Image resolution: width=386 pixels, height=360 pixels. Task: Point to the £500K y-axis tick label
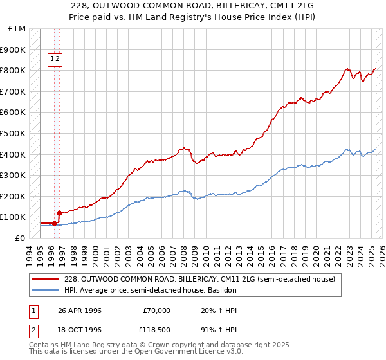point(14,134)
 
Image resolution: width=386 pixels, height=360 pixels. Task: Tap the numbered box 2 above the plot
point(57,60)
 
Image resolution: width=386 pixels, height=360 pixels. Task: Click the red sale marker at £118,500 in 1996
point(59,213)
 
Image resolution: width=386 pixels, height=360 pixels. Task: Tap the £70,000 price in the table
point(156,310)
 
